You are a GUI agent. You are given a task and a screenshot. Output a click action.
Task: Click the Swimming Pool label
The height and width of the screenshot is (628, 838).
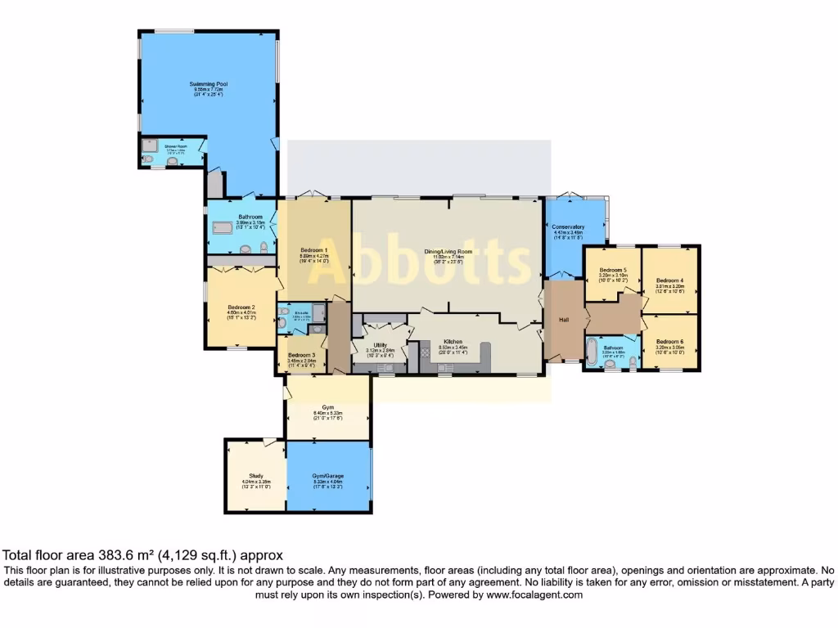[x=208, y=84]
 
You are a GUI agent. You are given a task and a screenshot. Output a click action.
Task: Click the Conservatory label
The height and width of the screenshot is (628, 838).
[x=567, y=227]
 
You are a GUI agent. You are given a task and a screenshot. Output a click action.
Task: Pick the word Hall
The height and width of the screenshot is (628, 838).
[x=564, y=320]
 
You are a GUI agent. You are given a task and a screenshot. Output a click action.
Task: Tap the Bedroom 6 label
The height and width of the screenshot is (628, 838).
[x=669, y=341]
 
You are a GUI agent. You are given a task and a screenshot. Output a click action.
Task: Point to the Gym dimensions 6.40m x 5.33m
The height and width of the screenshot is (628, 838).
[x=327, y=414]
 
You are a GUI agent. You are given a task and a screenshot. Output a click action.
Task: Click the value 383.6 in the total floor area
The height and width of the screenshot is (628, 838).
[x=108, y=554]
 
